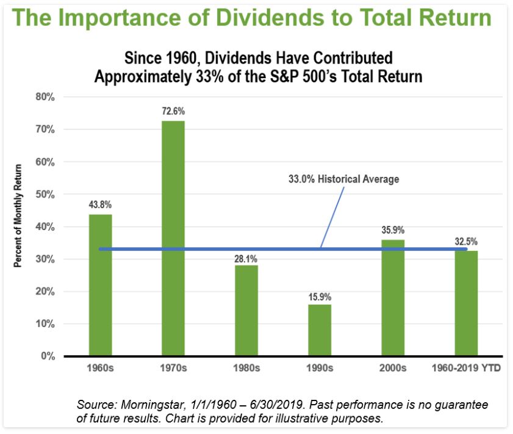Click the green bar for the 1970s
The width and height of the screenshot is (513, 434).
click(173, 238)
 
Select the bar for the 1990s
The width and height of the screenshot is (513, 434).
click(320, 330)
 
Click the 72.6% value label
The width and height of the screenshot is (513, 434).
click(173, 112)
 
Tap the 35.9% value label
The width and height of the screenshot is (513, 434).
click(393, 231)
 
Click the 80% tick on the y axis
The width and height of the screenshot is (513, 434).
click(46, 97)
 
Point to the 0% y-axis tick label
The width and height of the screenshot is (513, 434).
click(49, 356)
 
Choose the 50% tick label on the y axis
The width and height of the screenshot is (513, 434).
click(46, 194)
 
